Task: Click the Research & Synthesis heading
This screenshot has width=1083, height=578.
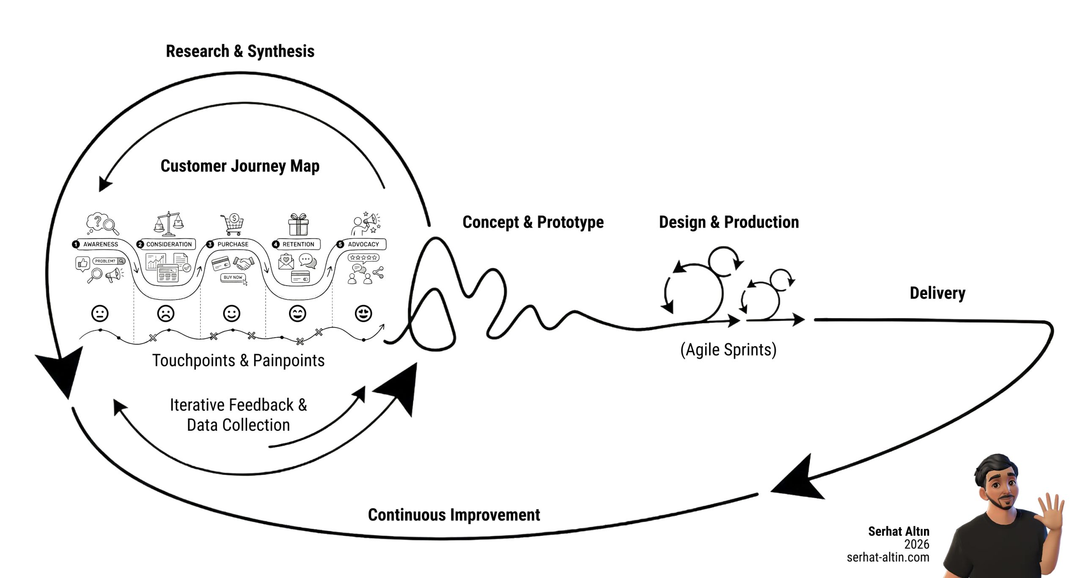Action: pos(240,51)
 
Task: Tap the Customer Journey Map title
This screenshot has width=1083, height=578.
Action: pos(240,166)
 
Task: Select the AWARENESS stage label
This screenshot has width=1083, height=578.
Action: pos(100,244)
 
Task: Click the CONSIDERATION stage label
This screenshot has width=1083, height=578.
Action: pos(168,244)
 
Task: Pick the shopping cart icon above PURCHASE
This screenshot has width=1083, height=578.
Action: pos(233,224)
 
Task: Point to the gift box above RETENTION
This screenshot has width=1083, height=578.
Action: pos(299,224)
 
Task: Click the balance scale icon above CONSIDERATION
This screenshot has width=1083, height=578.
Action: pos(168,223)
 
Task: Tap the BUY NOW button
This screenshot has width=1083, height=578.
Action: pos(233,278)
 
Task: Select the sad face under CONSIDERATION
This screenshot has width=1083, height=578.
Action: pos(165,314)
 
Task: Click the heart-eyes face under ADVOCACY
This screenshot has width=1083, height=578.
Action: pos(363,314)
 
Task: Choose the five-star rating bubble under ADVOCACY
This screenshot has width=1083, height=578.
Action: pos(363,257)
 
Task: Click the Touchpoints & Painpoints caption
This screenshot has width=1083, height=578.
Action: pos(238,361)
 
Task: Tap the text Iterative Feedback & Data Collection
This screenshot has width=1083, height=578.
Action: pos(238,415)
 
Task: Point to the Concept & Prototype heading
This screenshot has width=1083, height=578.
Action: pos(533,222)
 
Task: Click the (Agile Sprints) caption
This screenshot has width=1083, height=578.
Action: pos(728,350)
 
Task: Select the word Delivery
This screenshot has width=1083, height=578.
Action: pos(937,293)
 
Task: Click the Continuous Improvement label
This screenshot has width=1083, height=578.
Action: pos(454,515)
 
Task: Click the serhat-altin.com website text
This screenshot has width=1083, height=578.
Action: pos(888,557)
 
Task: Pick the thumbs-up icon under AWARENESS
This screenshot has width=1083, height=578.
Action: pos(82,264)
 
